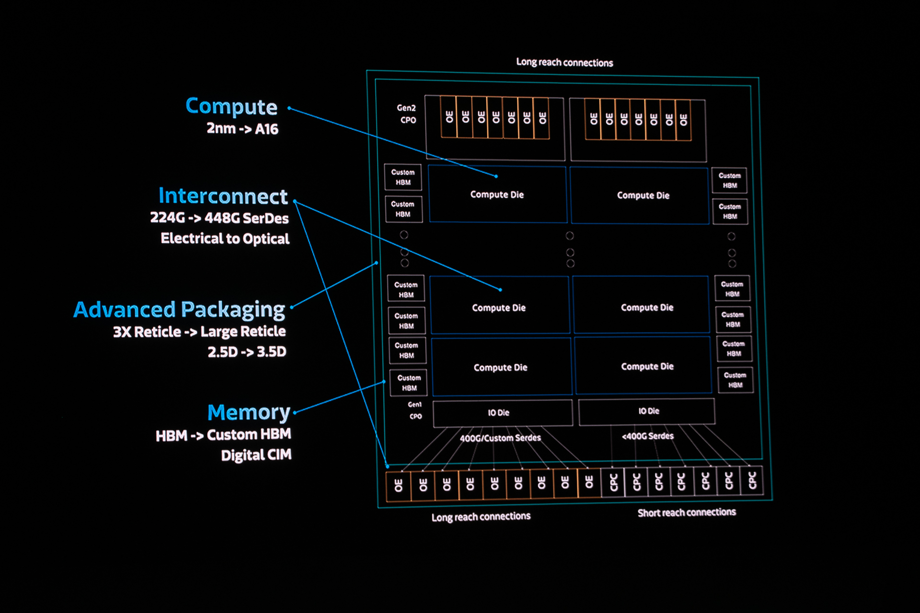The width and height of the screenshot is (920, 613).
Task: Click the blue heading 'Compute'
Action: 231,107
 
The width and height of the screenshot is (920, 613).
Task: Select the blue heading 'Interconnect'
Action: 223,196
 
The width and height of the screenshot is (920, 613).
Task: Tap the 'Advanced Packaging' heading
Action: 179,310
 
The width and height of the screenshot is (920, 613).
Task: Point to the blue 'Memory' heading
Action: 249,412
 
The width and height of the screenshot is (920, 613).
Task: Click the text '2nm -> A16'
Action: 242,129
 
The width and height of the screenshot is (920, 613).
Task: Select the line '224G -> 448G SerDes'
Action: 219,218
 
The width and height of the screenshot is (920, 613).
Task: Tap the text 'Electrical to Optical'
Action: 225,238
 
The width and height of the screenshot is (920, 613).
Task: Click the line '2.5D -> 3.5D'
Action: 247,352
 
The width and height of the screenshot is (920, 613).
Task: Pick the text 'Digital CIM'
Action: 256,455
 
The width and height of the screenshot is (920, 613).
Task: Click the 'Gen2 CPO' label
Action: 407,114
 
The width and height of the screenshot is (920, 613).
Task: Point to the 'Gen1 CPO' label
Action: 415,410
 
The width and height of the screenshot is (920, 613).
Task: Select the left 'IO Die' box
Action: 502,413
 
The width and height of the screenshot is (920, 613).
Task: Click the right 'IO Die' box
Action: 647,411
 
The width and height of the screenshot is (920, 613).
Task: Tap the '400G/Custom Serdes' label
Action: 500,438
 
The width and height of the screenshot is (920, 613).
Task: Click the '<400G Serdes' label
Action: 647,436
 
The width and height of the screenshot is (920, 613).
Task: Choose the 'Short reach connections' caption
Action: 686,513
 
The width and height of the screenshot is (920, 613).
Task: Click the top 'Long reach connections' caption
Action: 564,62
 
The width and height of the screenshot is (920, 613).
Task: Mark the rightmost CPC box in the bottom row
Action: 752,480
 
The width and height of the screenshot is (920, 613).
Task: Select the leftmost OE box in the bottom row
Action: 398,486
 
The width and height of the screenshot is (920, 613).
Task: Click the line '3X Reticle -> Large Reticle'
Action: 199,332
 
